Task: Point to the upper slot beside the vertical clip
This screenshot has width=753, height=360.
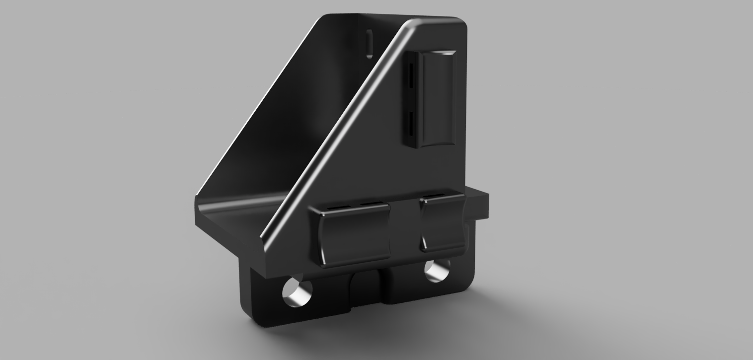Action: (x=411, y=75)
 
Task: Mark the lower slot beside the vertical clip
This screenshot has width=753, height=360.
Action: (x=411, y=124)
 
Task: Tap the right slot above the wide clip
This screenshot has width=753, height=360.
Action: (x=374, y=204)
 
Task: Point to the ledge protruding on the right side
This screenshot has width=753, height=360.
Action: (x=479, y=204)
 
